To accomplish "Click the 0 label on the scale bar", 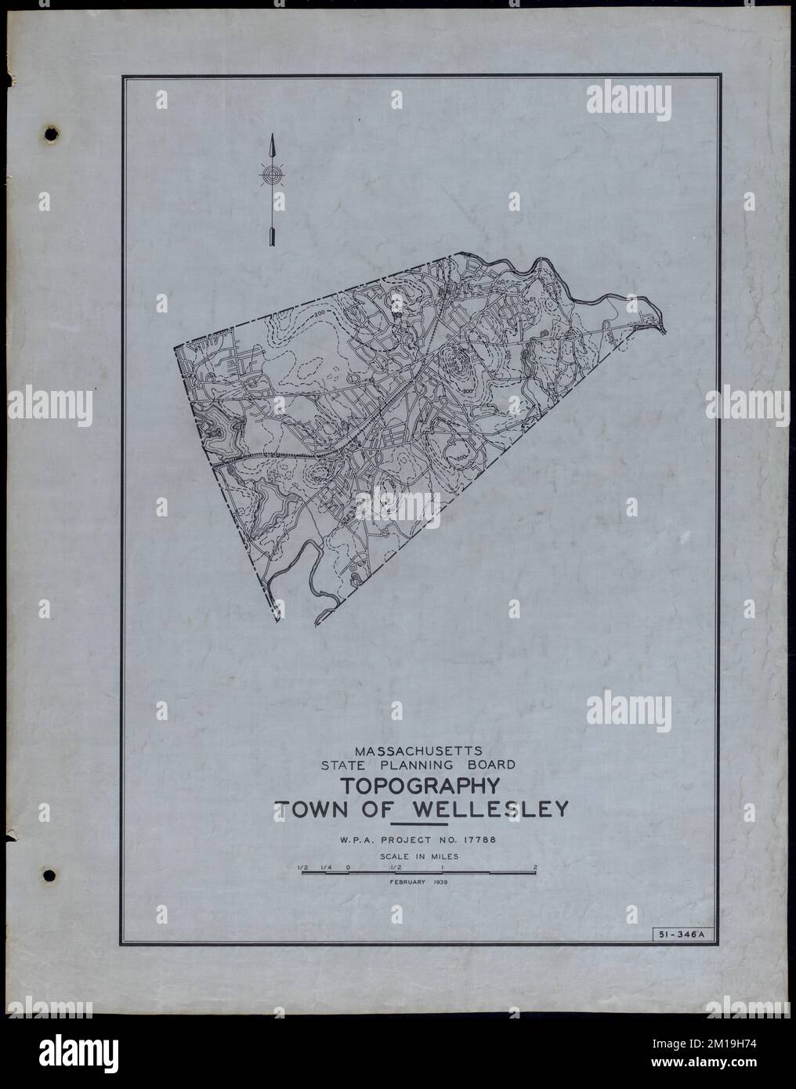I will [x=347, y=866].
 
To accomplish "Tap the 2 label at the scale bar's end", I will [x=534, y=866].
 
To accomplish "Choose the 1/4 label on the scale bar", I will [x=325, y=866].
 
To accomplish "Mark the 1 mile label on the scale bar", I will [x=442, y=866].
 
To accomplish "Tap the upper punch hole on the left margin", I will [x=52, y=134].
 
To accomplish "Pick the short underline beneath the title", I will [x=419, y=825].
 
